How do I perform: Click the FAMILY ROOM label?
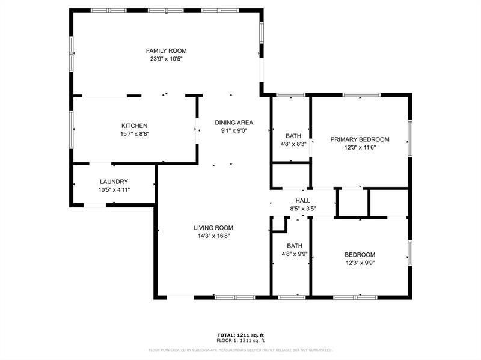point(167,51)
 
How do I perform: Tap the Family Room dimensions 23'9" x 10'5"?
point(167,59)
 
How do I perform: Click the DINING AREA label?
point(234,123)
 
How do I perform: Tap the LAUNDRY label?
point(114,182)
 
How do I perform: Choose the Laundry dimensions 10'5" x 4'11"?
point(114,190)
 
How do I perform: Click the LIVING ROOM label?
point(213,228)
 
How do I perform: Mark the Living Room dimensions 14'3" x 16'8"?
point(213,236)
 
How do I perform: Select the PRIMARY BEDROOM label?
point(360,139)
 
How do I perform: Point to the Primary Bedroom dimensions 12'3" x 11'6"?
point(360,147)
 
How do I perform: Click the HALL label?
point(303,201)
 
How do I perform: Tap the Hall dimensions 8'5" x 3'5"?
point(303,209)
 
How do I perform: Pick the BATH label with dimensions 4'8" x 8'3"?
point(294,136)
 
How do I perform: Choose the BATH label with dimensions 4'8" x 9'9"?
point(295,246)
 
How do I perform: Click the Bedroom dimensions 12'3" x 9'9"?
point(360,263)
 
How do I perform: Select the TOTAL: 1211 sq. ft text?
point(240,335)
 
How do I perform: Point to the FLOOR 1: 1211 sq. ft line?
point(240,341)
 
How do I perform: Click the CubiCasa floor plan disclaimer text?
point(240,349)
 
